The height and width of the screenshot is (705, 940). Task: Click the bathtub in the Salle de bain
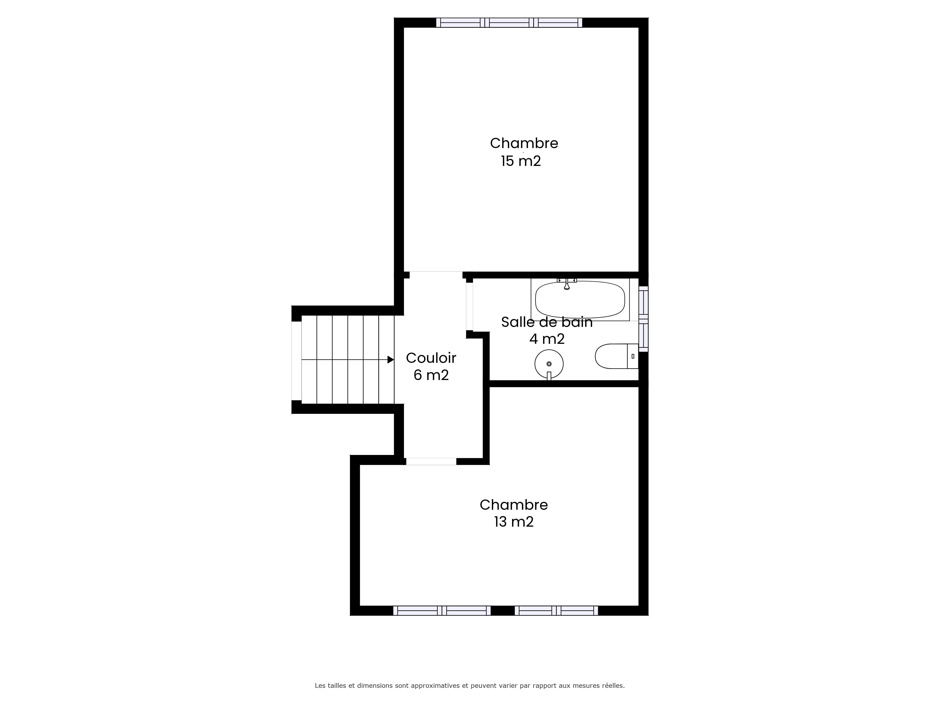tap(580, 300)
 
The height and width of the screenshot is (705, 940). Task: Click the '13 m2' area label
tap(514, 521)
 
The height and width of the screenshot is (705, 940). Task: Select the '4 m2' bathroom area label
tap(547, 339)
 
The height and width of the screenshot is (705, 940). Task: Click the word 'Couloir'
tap(431, 358)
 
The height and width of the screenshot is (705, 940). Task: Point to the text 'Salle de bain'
tap(547, 322)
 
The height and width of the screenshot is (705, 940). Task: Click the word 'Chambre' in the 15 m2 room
tap(524, 143)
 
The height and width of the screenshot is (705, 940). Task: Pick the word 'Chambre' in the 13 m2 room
tap(514, 505)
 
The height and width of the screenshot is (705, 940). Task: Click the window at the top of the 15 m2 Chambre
tap(509, 23)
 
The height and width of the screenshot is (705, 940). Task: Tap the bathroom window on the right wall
tap(643, 319)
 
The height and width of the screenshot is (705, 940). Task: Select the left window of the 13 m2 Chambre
tap(442, 611)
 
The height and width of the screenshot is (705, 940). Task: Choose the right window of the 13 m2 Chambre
tap(556, 611)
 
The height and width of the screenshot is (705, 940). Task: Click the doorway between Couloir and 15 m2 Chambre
tap(436, 275)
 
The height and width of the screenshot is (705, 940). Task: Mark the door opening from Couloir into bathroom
tap(470, 306)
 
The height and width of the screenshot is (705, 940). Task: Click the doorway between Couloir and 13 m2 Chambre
tap(431, 462)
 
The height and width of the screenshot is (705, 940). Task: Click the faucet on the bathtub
tap(567, 284)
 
